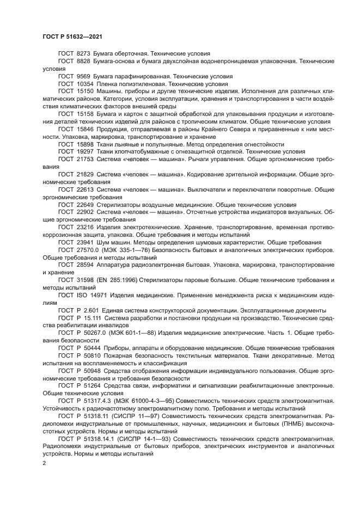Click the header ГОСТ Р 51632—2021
click(72, 36)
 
